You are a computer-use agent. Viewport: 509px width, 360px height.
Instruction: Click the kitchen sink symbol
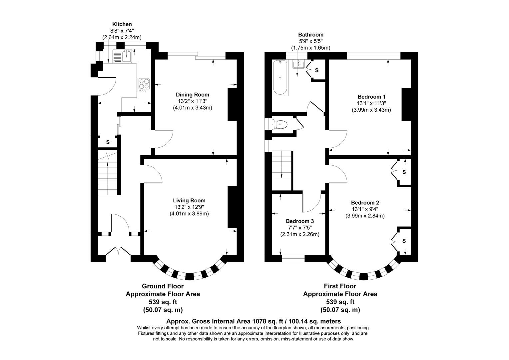(x=122, y=56)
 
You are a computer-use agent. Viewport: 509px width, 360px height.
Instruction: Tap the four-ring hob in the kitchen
(x=144, y=85)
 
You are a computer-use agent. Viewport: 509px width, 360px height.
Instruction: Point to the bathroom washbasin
(x=298, y=64)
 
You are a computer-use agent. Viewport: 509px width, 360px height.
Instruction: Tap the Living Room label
(x=189, y=200)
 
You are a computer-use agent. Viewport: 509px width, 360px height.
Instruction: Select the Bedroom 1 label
(x=371, y=97)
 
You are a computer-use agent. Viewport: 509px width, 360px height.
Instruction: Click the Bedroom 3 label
(x=300, y=221)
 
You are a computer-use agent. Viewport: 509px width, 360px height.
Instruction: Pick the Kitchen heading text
(x=122, y=24)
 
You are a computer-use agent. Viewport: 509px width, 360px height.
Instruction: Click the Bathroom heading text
(x=310, y=34)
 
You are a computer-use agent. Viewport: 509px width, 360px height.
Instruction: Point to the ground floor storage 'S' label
(x=108, y=142)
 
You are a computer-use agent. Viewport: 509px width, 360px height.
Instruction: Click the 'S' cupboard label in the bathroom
(x=316, y=70)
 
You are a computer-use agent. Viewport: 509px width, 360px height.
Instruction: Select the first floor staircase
(x=282, y=170)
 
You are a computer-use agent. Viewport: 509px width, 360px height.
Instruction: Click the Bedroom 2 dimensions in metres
(x=365, y=216)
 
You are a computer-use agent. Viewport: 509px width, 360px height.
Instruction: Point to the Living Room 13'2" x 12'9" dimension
(x=189, y=207)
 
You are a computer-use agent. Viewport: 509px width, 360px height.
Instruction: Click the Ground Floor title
(x=163, y=286)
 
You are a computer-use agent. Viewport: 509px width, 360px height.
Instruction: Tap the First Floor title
(x=340, y=286)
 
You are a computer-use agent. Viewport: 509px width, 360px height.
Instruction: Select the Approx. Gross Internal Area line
(x=254, y=321)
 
